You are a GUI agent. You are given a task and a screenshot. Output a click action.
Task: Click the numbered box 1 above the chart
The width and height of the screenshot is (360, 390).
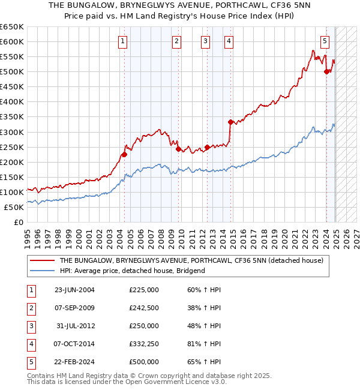tap(122, 41)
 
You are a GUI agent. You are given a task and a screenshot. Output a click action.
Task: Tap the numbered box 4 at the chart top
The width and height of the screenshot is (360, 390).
tap(229, 41)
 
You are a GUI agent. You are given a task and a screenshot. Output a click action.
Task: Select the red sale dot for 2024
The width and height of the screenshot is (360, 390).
tap(326, 72)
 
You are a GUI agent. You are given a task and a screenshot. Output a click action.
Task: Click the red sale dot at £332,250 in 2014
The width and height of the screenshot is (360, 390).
tap(230, 122)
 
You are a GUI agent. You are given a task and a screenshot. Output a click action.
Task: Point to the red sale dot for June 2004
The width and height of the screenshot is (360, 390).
tap(125, 154)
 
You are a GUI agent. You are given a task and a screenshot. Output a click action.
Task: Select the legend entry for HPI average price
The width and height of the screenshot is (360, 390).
tap(132, 271)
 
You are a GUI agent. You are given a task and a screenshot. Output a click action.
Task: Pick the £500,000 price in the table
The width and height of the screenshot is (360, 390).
tap(144, 362)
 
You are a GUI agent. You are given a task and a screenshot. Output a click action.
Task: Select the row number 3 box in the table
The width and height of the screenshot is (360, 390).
tap(31, 326)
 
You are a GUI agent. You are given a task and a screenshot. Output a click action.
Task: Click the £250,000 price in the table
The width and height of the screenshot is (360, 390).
tap(144, 326)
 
